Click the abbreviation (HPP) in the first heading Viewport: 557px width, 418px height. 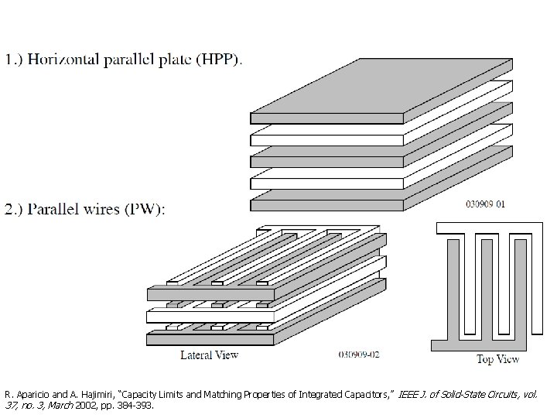(219, 59)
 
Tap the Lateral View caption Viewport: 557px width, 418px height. (209, 355)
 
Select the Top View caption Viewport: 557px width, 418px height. (497, 359)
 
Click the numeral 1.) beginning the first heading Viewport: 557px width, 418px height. (15, 59)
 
